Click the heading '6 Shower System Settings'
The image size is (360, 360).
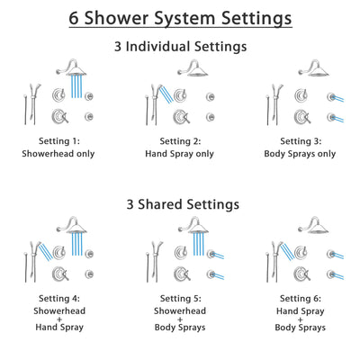180,18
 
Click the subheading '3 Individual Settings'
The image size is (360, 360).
180,46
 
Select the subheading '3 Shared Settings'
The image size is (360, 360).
180,204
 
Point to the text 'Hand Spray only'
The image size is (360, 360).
180,153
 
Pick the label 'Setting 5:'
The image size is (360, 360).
180,297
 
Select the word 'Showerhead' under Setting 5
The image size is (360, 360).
180,309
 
